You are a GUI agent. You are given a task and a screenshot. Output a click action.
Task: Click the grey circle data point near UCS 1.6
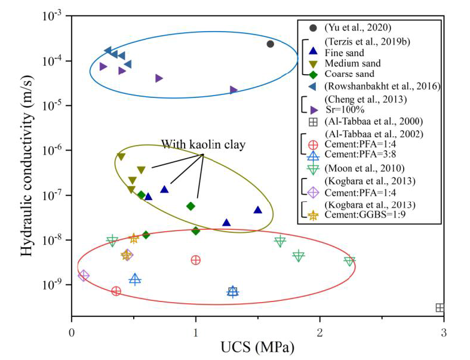(270, 44)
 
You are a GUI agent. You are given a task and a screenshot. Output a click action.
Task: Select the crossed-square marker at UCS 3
(440, 307)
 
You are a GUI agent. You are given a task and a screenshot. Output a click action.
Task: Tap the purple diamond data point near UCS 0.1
(84, 276)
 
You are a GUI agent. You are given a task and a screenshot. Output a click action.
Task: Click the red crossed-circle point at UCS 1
(195, 260)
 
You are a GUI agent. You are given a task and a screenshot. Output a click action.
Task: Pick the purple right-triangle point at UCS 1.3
(234, 90)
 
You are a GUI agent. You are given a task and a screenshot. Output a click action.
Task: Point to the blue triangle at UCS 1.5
(257, 210)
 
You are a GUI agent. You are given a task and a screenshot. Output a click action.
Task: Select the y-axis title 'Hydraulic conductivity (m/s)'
(27, 162)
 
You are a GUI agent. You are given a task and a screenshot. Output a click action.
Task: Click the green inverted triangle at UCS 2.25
(349, 261)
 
